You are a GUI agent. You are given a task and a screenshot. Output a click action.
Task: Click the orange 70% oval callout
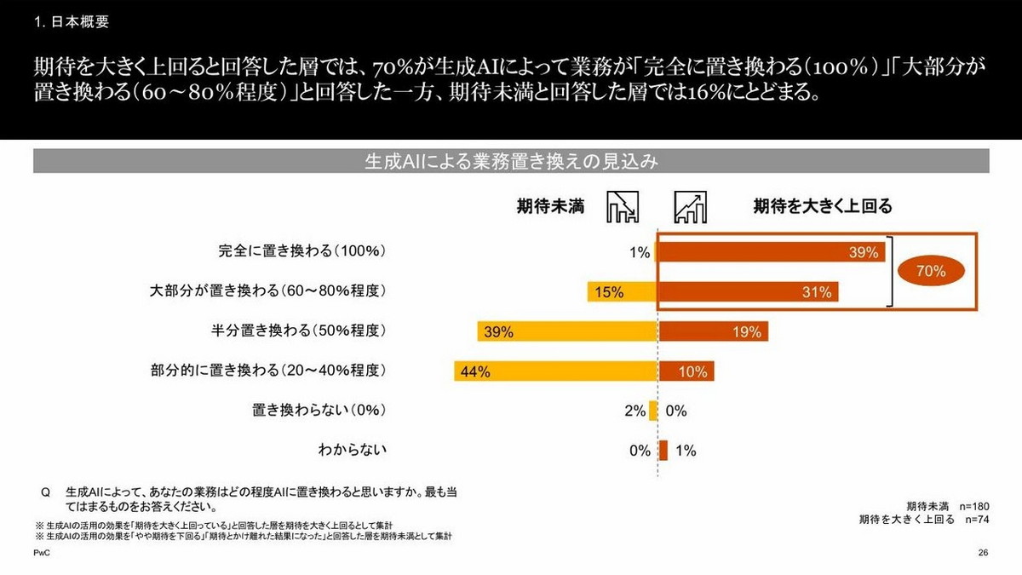[x=931, y=271]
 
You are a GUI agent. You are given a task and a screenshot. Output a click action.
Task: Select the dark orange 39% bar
[x=772, y=252]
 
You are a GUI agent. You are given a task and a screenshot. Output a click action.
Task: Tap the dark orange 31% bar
[x=749, y=292]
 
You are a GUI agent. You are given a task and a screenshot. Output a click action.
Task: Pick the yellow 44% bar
[x=555, y=371]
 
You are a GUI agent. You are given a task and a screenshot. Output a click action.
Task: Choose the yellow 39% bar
[x=567, y=332]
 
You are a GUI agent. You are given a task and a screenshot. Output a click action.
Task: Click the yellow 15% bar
[x=622, y=292]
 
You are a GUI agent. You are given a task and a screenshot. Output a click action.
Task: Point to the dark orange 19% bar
[x=714, y=332]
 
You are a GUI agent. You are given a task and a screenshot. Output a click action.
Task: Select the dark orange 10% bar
[x=686, y=371]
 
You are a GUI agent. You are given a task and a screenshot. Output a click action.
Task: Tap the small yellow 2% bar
[x=653, y=411]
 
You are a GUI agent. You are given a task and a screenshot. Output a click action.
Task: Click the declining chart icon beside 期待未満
[x=622, y=206]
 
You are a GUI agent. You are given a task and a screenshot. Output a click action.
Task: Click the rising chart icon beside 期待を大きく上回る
[x=691, y=206]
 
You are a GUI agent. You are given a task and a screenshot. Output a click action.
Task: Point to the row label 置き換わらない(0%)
[x=319, y=411]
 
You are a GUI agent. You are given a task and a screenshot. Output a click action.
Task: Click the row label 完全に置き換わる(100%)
[x=303, y=252]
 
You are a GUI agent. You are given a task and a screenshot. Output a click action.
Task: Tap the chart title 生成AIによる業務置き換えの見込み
[x=510, y=161]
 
